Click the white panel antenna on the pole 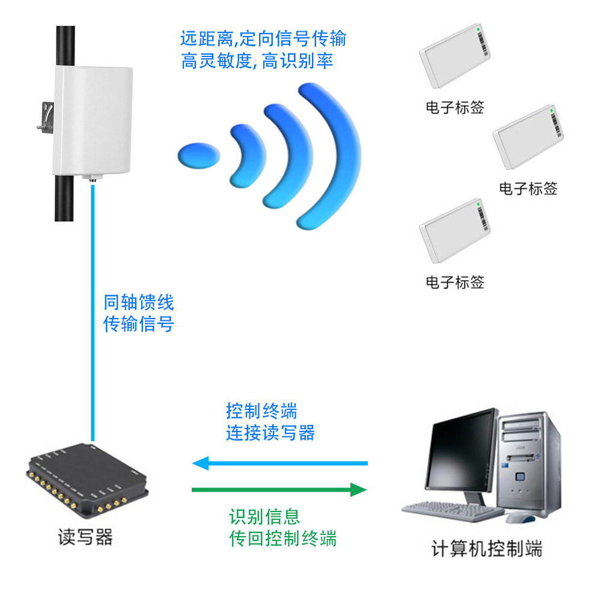pos(93,121)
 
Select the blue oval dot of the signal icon pos(198,156)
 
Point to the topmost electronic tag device pos(454,55)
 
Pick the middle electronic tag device pos(528,137)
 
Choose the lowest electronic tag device pos(454,231)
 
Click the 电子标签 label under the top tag pos(455,108)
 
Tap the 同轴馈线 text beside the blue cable pos(139,302)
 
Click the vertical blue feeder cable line pos(93,313)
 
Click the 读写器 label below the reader pos(85,537)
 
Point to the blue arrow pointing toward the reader pos(280,463)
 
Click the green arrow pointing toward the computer pos(279,490)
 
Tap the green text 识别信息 pos(264,517)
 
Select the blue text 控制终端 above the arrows pos(261,411)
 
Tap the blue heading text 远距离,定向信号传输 pos(263,38)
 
